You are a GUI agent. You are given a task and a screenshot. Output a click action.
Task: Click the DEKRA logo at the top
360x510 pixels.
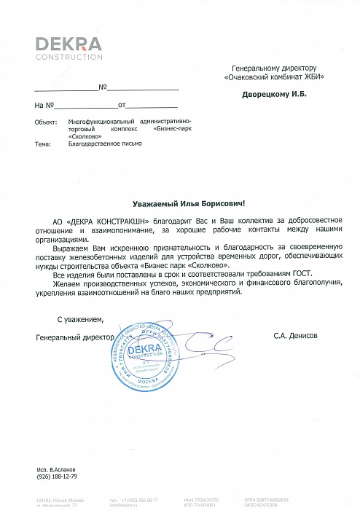69,43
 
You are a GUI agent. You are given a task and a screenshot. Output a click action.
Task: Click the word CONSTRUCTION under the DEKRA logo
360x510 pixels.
69,57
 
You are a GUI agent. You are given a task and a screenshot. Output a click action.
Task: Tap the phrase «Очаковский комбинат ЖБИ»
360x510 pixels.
274,76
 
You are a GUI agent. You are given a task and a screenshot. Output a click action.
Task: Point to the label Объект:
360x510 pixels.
46,123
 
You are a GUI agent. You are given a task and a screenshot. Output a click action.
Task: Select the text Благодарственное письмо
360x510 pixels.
105,144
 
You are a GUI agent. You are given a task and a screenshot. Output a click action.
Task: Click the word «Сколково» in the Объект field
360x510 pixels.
85,136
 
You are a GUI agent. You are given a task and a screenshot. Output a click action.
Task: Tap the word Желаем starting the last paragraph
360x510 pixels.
63,283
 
